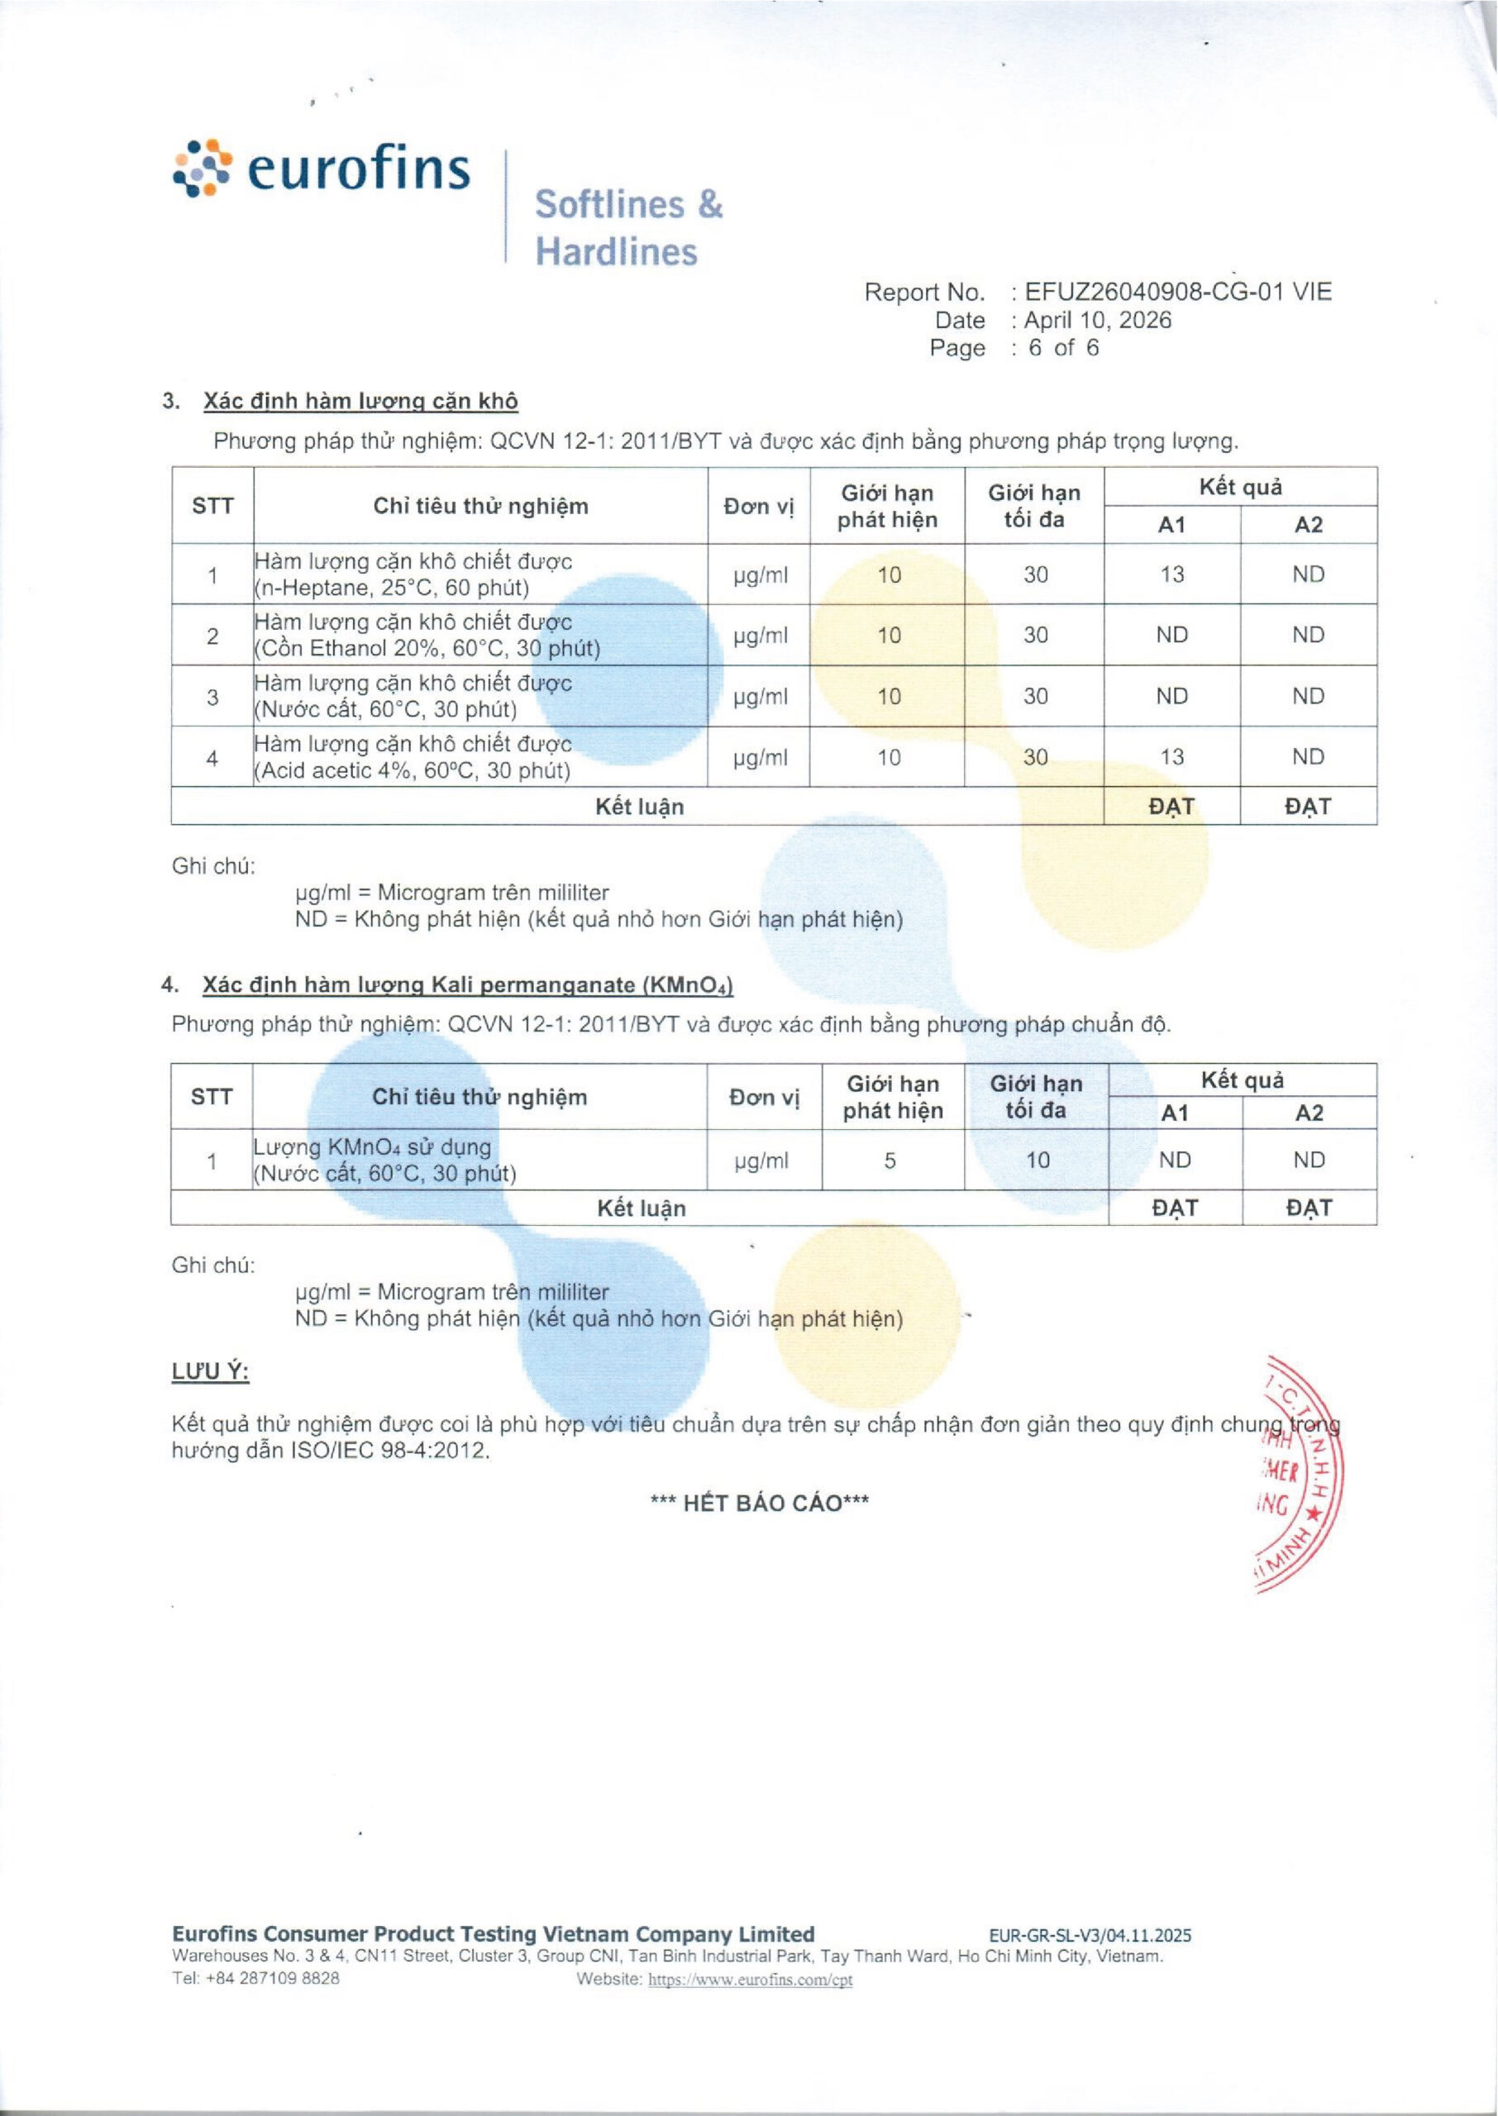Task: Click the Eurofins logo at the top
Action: click(x=322, y=169)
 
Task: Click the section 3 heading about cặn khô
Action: click(x=360, y=401)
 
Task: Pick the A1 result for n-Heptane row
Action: click(x=1171, y=574)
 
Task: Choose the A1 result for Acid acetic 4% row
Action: click(x=1171, y=757)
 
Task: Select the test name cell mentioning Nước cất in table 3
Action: click(x=413, y=696)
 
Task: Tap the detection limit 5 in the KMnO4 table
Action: click(x=890, y=1160)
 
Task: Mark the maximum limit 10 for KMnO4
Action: click(x=1038, y=1160)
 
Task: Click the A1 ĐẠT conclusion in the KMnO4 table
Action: click(x=1174, y=1208)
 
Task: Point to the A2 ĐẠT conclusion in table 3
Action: click(x=1308, y=807)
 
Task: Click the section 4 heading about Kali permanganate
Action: click(x=468, y=984)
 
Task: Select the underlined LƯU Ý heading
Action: click(x=210, y=1372)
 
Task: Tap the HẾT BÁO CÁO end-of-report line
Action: click(x=759, y=1504)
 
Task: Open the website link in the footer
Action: click(x=750, y=1980)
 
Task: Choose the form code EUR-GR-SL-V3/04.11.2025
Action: click(x=1090, y=1935)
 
